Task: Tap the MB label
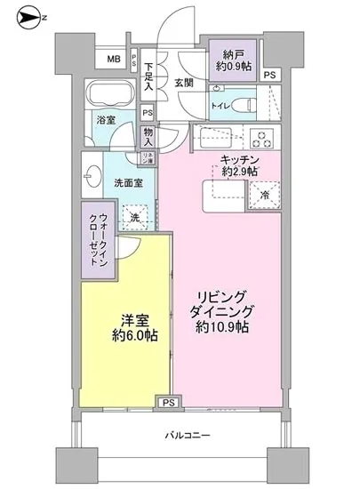pyautogui.click(x=114, y=59)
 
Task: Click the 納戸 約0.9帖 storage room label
pyautogui.click(x=235, y=59)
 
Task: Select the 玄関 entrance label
pyautogui.click(x=184, y=83)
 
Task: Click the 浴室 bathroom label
pyautogui.click(x=106, y=124)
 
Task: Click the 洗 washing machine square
pyautogui.click(x=132, y=216)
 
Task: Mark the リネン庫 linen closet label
pyautogui.click(x=148, y=156)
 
